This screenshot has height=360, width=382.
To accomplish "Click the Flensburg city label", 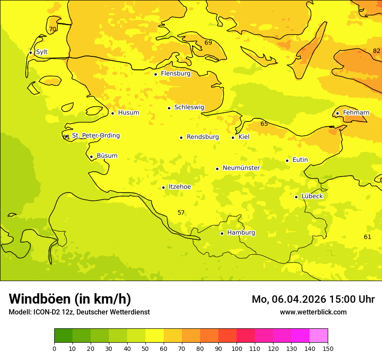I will click(x=175, y=74).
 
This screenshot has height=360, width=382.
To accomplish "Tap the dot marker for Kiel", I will click(x=233, y=137).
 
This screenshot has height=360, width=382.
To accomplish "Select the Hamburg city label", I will click(x=241, y=233).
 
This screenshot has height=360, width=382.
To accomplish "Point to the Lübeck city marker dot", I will click(x=296, y=197).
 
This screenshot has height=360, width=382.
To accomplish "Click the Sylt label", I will click(x=42, y=52).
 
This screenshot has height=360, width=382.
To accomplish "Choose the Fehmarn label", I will click(x=356, y=113).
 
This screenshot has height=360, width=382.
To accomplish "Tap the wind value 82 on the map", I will click(x=376, y=51).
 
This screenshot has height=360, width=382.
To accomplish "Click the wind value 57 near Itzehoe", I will click(x=181, y=213).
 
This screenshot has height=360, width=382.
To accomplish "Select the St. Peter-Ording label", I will click(x=96, y=136).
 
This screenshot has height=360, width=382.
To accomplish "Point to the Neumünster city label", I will click(x=241, y=168).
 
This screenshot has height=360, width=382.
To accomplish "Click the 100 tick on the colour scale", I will click(x=237, y=348).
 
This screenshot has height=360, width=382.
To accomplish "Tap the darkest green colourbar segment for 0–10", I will click(x=63, y=336).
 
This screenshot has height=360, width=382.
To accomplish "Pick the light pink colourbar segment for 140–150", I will click(x=319, y=336).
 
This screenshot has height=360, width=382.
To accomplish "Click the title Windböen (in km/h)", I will click(x=70, y=299).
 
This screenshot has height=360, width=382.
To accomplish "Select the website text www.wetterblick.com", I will click(x=313, y=312).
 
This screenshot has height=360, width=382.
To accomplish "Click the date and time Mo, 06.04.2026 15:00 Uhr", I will click(x=313, y=299).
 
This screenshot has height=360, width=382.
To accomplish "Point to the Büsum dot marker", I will click(x=91, y=157).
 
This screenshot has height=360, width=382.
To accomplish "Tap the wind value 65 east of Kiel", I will click(x=264, y=124).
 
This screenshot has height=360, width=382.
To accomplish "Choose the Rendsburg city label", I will click(x=203, y=137).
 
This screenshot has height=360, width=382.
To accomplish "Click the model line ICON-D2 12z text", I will click(x=79, y=312).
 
